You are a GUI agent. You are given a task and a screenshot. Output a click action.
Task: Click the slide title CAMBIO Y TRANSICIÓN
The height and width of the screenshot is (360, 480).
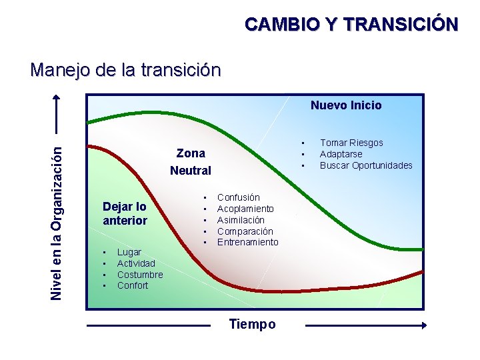(x=351, y=25)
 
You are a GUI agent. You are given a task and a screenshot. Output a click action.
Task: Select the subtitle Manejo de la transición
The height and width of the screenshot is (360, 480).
(x=125, y=69)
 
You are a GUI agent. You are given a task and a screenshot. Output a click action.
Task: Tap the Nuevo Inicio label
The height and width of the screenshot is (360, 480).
(x=346, y=105)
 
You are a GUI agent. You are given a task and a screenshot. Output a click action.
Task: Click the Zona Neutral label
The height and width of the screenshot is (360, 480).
(x=191, y=162)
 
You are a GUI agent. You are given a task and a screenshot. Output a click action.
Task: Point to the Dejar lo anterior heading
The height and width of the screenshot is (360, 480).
(x=125, y=213)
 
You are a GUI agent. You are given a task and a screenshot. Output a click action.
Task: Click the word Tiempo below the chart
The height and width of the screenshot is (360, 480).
(x=252, y=325)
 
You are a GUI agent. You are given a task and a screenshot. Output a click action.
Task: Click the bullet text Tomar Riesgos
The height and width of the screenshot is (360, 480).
(x=351, y=143)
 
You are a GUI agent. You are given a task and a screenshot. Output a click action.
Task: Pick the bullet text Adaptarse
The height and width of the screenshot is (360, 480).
(x=341, y=154)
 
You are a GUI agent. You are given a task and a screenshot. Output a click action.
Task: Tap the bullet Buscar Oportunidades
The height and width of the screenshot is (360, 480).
(x=366, y=165)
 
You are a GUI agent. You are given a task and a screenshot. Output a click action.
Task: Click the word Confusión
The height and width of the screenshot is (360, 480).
(x=239, y=197)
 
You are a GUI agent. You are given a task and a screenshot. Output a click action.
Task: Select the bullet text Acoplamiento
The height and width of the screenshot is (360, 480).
(x=245, y=209)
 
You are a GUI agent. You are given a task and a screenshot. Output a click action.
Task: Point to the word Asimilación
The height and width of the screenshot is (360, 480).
(x=241, y=220)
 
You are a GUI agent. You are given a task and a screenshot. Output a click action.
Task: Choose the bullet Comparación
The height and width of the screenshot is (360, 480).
(x=245, y=231)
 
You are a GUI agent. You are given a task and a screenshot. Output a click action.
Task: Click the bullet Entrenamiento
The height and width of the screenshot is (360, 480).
(x=247, y=242)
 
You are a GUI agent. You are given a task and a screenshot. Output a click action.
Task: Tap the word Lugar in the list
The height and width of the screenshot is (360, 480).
(x=129, y=252)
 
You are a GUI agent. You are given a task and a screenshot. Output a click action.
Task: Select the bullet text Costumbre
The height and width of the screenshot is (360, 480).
(x=140, y=275)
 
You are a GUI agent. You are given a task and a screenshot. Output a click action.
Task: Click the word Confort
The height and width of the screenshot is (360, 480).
(x=133, y=285)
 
